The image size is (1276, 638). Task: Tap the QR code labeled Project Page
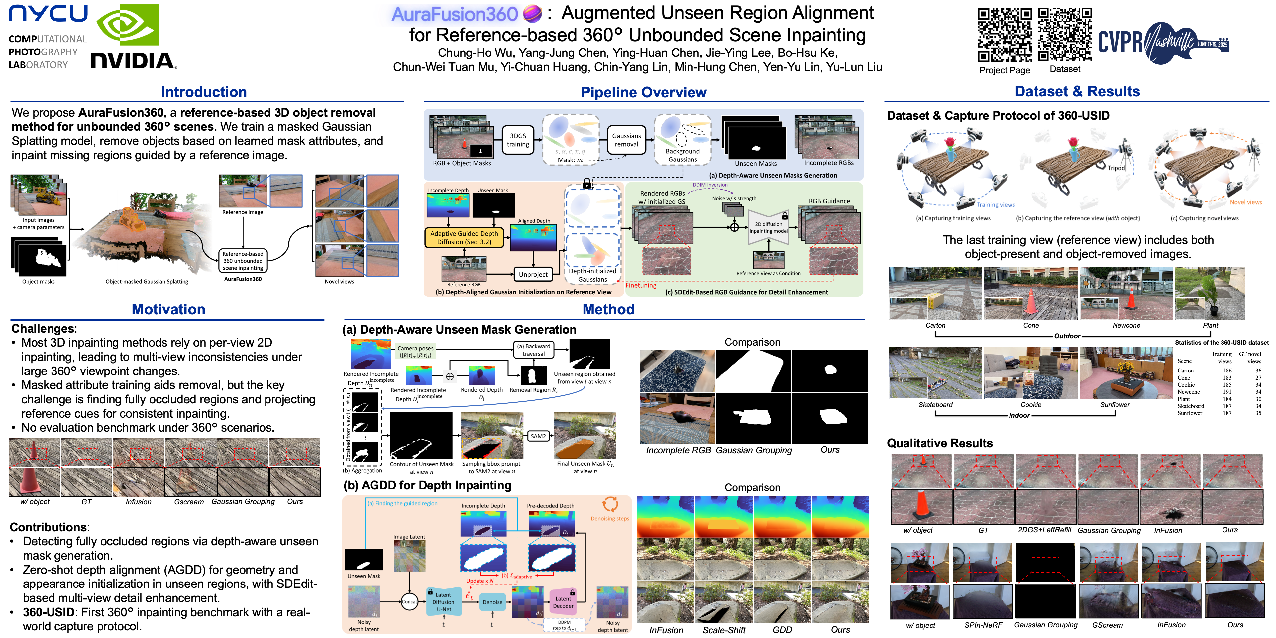1004,35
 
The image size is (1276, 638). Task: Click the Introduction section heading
204,92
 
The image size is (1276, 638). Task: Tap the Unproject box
533,274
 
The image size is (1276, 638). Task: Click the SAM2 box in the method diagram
538,436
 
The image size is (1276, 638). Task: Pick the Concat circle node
409,602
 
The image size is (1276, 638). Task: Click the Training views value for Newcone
1226,392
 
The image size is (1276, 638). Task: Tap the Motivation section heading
168,310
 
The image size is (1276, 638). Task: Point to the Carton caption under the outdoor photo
935,325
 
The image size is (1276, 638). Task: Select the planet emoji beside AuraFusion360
532,14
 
